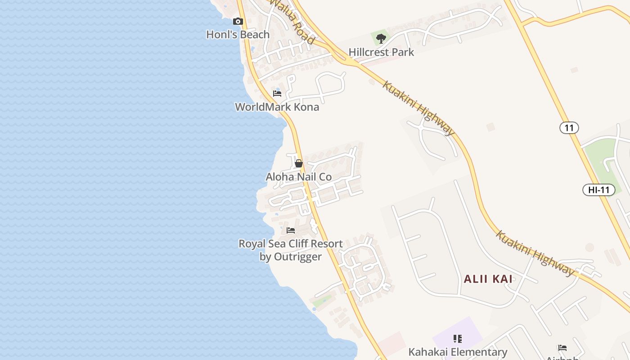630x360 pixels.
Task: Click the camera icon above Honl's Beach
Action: coord(238,21)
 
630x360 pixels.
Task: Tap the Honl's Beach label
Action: coord(238,35)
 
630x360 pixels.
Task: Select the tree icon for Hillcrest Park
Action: coord(381,39)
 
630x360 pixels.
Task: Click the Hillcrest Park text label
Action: coord(381,52)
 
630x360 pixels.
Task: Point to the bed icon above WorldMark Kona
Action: coord(277,94)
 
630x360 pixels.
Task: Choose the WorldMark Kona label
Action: coord(277,107)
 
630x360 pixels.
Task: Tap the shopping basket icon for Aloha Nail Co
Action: coord(298,163)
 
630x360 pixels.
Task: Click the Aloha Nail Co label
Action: coord(298,177)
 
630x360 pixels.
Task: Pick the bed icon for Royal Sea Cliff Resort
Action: coord(291,230)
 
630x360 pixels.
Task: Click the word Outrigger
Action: coord(300,257)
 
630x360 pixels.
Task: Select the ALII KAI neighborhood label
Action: coord(488,279)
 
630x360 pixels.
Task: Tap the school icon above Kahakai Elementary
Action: coord(458,338)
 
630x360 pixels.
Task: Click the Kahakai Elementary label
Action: coord(458,352)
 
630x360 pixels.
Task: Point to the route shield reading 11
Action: coord(569,128)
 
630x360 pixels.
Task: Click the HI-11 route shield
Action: coord(598,190)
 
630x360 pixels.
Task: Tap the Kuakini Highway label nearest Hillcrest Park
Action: coord(418,108)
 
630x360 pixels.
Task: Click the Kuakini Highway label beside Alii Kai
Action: coord(535,253)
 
